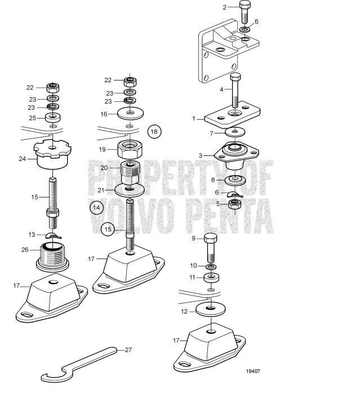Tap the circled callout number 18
click(x=154, y=132)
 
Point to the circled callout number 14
click(x=96, y=207)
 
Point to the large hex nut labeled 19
click(x=130, y=150)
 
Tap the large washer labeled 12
click(x=210, y=308)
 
